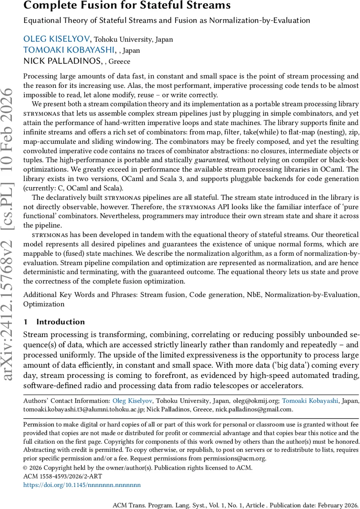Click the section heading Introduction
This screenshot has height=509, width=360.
pos(61,322)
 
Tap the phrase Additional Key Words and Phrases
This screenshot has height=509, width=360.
pos(80,294)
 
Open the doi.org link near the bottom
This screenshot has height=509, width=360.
pos(82,484)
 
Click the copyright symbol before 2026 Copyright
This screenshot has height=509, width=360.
pos(25,468)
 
